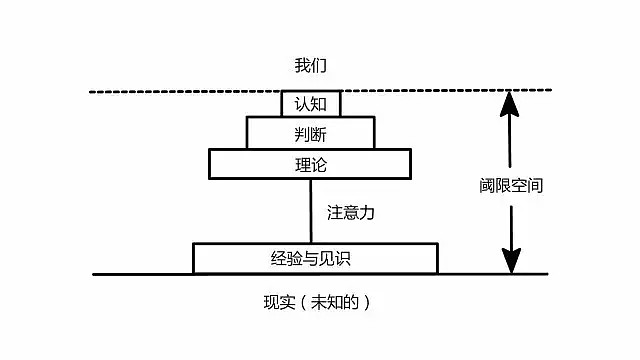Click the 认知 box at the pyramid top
coord(311,103)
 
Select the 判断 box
coord(311,133)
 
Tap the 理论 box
coord(311,164)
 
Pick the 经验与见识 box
coord(315,258)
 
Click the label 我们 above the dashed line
coord(310,66)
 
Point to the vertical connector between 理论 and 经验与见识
coord(311,210)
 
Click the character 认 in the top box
coord(302,103)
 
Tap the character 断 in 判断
coord(320,133)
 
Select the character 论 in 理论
coord(320,164)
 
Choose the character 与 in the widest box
coord(315,258)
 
